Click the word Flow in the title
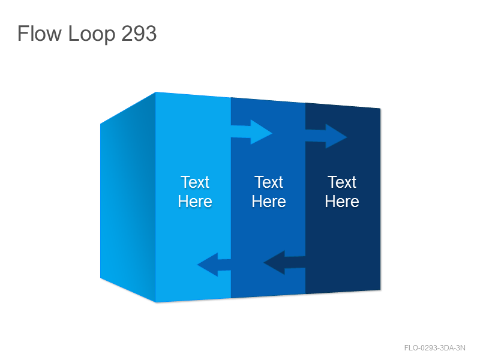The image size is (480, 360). coord(39,33)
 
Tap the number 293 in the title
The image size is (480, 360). coord(139,33)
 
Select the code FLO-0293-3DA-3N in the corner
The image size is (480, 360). coord(434,348)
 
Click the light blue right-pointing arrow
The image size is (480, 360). coord(251,132)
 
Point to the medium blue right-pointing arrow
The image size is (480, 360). coord(326,136)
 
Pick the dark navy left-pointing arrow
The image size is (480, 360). coord(284,262)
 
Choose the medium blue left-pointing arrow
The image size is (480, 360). coord(214,265)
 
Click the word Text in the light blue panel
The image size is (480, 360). coord(195,182)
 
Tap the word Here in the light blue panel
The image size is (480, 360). coord(195,202)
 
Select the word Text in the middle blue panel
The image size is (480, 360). coord(269,182)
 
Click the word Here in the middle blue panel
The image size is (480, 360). coord(269,202)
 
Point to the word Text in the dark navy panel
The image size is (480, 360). coord(342,182)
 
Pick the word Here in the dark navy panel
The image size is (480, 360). coord(342,202)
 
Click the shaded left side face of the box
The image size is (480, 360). coord(128,197)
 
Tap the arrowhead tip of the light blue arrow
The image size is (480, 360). coord(272,133)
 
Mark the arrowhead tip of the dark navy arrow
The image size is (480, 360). coord(263,262)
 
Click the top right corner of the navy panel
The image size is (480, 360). coord(380,109)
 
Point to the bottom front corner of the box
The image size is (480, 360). coord(156,302)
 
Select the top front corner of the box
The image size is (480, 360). coord(155,92)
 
